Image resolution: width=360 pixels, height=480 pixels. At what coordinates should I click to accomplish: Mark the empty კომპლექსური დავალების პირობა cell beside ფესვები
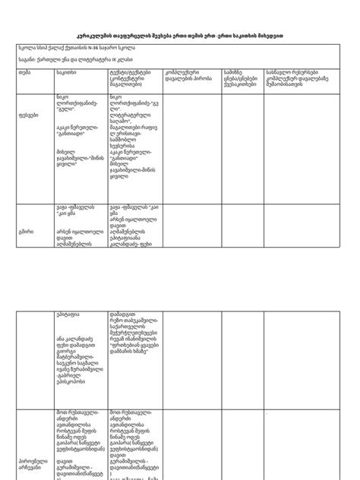click(191, 144)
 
